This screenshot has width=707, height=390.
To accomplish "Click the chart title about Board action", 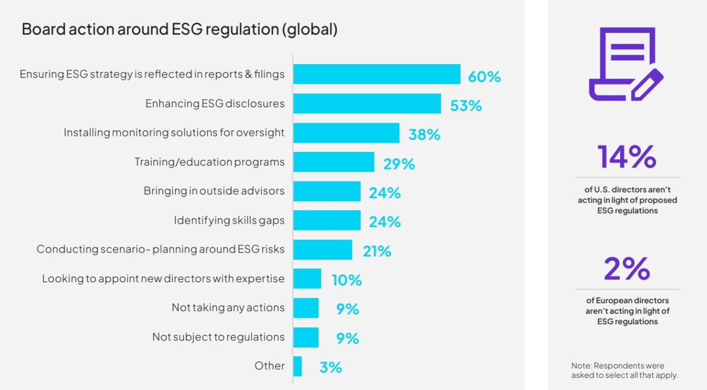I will tap(180, 29).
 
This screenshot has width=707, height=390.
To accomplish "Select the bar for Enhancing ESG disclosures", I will tap(367, 104).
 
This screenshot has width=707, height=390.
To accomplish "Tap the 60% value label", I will tap(484, 76).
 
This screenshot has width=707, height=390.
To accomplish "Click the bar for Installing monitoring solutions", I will tap(346, 133).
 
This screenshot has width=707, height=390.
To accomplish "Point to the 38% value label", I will tap(424, 134).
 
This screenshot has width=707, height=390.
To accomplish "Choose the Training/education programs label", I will tap(209, 162).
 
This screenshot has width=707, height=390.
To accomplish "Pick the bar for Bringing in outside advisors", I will tap(326, 191).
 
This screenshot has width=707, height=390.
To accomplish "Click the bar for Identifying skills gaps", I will tap(326, 220).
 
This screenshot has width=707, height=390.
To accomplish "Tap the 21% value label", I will tap(377, 251).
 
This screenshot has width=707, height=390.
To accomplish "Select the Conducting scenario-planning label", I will tap(161, 249).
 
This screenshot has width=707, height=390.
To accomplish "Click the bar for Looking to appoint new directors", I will tap(307, 278).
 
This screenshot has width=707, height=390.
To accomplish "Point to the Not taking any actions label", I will tap(228, 308).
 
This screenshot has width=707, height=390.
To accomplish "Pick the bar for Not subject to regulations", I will tap(306, 337).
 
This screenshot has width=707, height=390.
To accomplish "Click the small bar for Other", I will tap(298, 366).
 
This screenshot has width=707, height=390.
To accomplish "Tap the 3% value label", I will tap(331, 367).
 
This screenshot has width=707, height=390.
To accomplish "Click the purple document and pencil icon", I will tap(626, 64).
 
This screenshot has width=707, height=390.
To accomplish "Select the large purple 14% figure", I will tap(627, 157).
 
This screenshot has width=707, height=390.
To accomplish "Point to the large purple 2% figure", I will tap(627, 269).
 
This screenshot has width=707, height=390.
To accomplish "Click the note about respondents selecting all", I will tap(625, 371).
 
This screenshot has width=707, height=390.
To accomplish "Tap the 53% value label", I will tap(466, 106).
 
